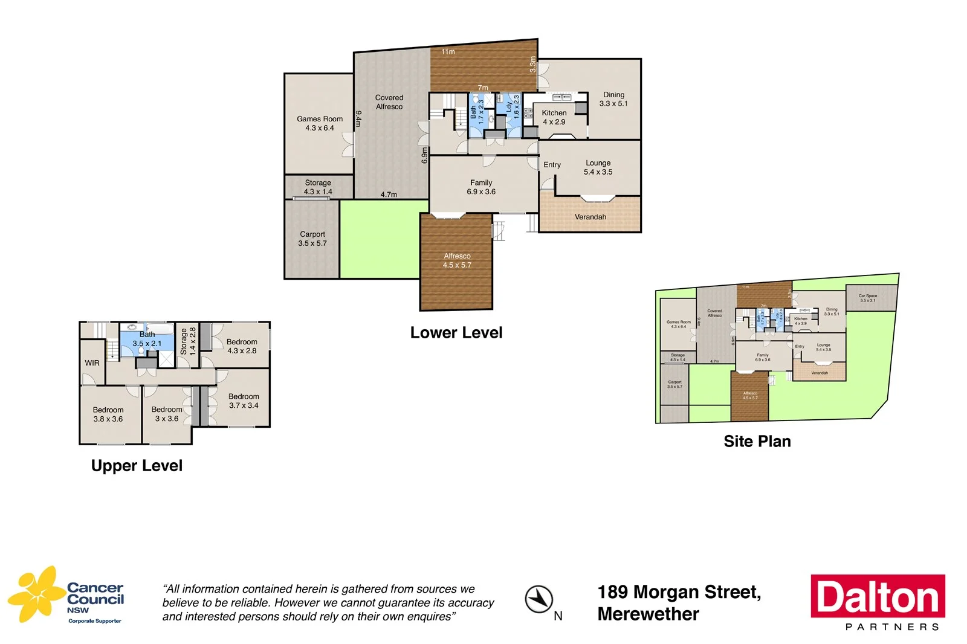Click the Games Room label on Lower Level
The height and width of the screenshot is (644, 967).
(320, 123)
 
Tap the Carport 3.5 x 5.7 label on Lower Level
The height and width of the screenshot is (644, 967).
(312, 239)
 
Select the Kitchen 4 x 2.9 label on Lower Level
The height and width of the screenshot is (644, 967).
(554, 117)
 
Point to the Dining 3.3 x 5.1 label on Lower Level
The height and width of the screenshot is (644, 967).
(613, 99)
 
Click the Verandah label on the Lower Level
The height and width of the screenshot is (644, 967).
(590, 217)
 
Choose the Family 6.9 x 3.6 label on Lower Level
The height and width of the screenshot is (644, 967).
(481, 187)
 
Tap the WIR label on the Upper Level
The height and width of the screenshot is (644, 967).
(92, 363)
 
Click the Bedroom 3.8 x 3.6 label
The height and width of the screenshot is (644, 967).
(108, 414)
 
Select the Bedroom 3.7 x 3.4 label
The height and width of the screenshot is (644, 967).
(244, 401)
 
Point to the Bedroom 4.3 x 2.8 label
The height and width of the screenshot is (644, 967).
(242, 346)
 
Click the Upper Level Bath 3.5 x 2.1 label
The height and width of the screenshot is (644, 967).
(147, 339)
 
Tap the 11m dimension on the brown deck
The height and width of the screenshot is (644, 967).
(448, 52)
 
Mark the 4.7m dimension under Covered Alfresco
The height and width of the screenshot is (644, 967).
(389, 195)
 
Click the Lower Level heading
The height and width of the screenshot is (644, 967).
(456, 333)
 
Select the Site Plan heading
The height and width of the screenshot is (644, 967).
(757, 442)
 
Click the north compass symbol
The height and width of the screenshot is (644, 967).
(538, 599)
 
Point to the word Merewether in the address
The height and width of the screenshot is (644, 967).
(648, 614)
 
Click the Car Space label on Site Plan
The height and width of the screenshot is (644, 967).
(867, 298)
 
